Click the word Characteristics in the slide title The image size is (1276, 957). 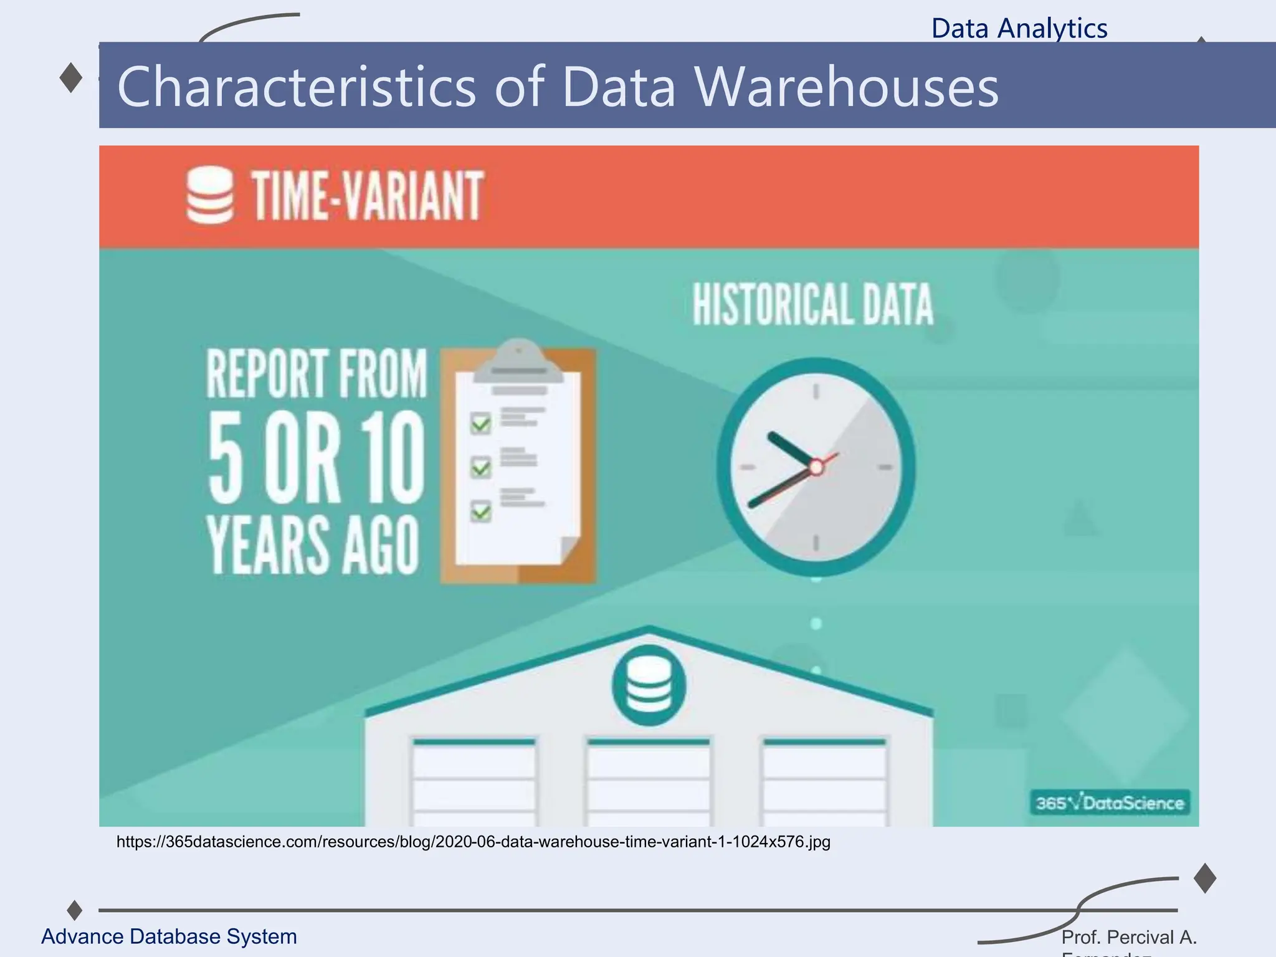point(296,87)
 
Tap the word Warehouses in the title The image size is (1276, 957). point(845,87)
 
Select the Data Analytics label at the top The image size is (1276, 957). point(1019,29)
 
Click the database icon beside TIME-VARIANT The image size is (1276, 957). point(210,195)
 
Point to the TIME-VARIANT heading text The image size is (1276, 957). point(367,196)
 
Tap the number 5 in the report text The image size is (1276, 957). point(225,458)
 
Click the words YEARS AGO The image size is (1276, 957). point(313,545)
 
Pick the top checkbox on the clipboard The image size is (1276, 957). point(480,424)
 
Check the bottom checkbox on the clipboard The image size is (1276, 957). point(480,512)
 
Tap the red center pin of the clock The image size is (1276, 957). point(816,467)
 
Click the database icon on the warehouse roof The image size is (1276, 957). point(649,685)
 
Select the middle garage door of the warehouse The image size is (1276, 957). point(648,782)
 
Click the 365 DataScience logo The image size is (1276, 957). point(1110,802)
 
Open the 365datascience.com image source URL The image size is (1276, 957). point(474,842)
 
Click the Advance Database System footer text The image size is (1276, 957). point(169,936)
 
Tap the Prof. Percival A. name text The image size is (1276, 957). point(1128,937)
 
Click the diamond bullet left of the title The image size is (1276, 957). point(71,79)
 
